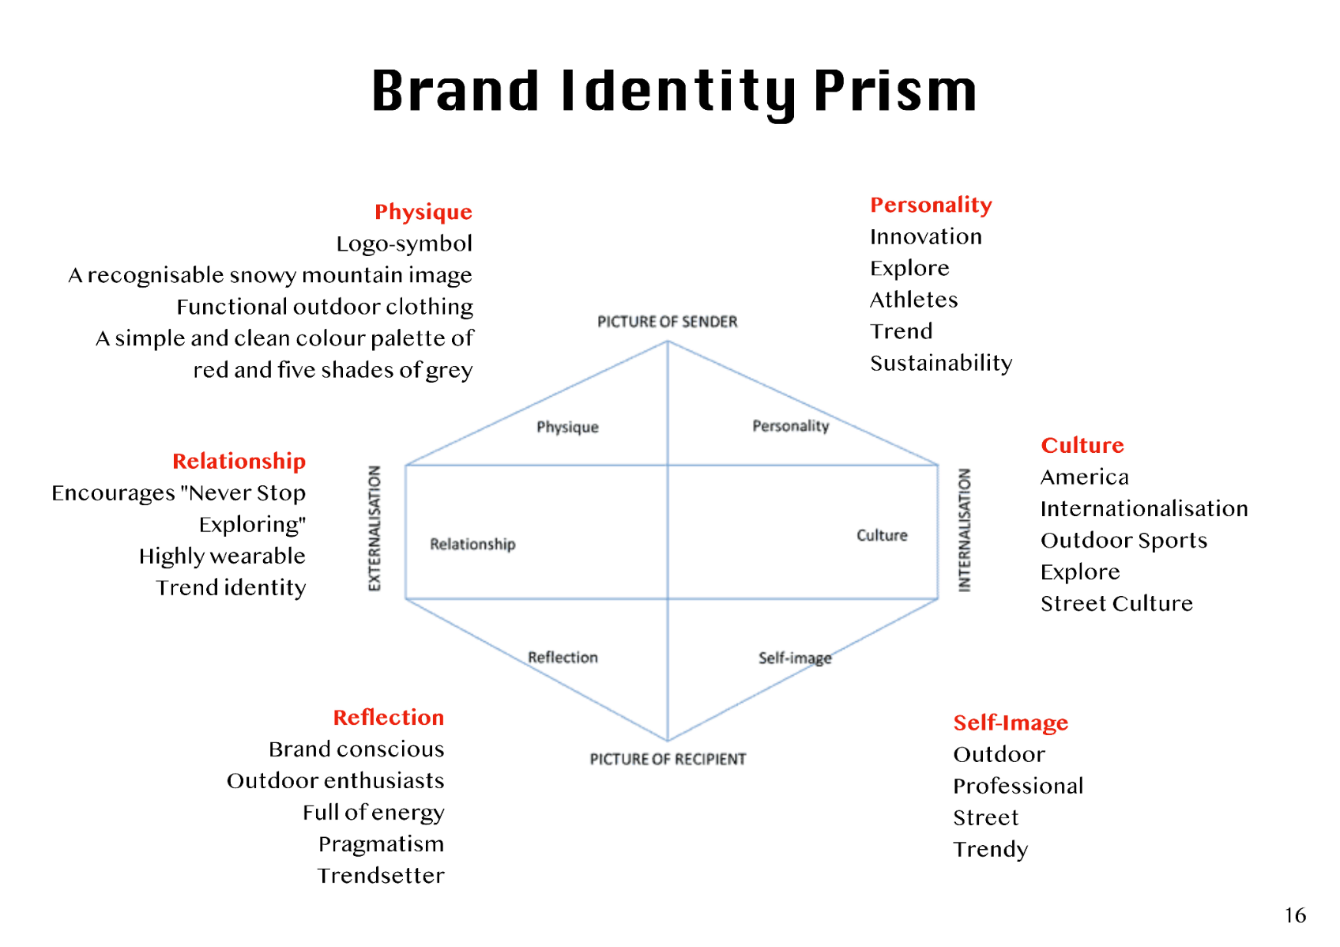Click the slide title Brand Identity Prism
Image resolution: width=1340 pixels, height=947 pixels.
(x=674, y=91)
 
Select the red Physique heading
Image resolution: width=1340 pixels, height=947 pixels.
(x=423, y=212)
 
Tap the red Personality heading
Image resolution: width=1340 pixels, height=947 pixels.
(x=931, y=205)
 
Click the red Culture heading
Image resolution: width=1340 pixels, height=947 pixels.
(x=1082, y=445)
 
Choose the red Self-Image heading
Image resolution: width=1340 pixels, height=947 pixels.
(x=1011, y=723)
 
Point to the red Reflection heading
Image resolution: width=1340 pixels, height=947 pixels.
(x=388, y=717)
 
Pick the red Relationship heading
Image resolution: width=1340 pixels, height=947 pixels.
(x=239, y=461)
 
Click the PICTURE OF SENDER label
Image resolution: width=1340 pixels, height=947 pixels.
(x=667, y=322)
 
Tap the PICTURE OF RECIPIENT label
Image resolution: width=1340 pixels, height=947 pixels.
(x=668, y=759)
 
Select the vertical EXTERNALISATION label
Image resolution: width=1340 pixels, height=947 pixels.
(x=375, y=528)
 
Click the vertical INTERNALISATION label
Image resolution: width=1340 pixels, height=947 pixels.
(x=964, y=530)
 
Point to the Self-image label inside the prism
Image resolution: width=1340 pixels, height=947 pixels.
(x=794, y=658)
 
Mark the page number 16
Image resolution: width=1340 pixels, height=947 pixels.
(x=1295, y=915)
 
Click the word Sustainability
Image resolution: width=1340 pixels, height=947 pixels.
(x=941, y=363)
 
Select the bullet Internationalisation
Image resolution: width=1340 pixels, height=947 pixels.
(x=1144, y=508)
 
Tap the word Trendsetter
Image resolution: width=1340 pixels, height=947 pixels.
(x=381, y=875)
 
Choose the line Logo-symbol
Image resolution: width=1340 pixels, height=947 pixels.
(x=404, y=243)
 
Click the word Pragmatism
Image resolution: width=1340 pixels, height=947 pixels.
(x=381, y=843)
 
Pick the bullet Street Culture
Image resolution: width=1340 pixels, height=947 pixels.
(x=1116, y=603)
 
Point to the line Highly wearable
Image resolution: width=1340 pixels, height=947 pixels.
(x=222, y=556)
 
